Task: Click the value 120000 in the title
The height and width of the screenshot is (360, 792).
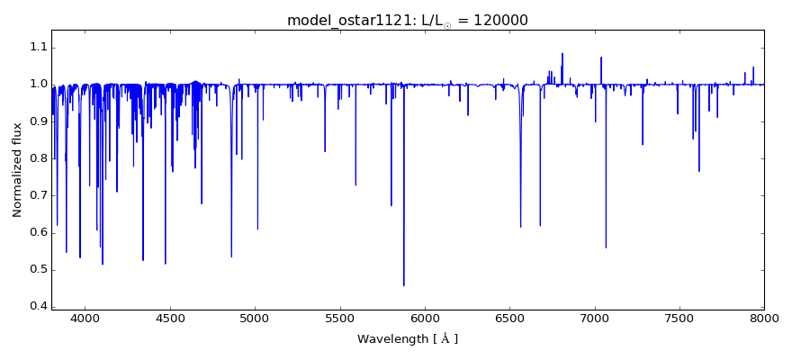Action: [499, 20]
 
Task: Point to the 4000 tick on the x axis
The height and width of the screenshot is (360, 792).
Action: [85, 319]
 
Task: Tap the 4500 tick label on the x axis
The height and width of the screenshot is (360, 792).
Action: [170, 319]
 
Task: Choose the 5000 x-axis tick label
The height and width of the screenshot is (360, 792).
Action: [255, 319]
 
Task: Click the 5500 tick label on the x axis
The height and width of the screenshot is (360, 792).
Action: [339, 319]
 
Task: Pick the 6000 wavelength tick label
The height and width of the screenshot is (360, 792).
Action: [425, 319]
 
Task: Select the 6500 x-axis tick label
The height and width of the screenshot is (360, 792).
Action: [509, 319]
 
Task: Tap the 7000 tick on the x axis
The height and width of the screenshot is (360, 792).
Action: [594, 319]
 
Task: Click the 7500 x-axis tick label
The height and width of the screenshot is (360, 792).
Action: [679, 319]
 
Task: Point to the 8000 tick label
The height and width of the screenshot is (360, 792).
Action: [763, 319]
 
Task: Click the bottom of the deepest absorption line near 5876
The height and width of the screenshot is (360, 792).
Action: [403, 285]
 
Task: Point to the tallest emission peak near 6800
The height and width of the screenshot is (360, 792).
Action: [562, 54]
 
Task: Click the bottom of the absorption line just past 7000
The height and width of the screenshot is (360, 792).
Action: [606, 247]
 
